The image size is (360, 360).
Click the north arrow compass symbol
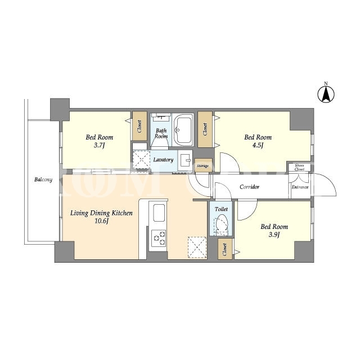pos(326,94)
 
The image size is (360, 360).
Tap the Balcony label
pos(43,179)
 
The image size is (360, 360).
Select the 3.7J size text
pos(99,145)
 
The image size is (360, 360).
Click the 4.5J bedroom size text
pos(258,145)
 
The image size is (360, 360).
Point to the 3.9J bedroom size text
pos(274,235)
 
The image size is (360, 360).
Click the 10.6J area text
pos(101,221)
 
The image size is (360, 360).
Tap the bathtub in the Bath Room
pos(183,129)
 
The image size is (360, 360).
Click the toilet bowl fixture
pos(222,224)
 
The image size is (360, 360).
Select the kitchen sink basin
pos(159,213)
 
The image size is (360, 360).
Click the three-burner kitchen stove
pos(159,238)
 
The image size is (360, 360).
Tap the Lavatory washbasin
pos(185,160)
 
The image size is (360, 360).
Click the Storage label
pos(202,166)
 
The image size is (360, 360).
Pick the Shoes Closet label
pos(299,167)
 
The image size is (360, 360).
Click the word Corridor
pos(249,187)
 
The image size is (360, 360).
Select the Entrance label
pos(300,187)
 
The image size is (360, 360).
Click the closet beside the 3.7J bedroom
pos(139,126)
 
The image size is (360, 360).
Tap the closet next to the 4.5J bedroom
pos(205,129)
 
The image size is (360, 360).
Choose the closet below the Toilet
pos(225,249)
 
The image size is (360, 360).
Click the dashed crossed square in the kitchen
pos(197,247)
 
